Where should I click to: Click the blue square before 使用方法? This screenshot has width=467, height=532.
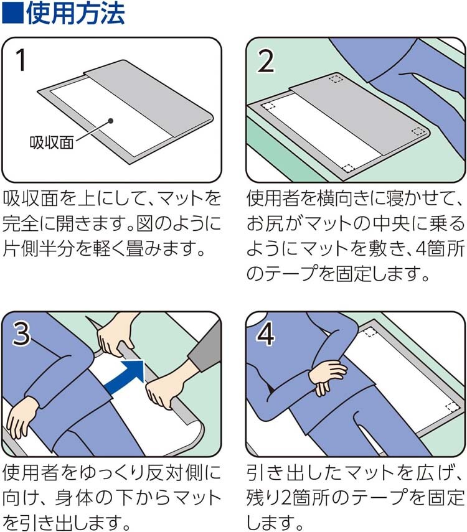(12, 13)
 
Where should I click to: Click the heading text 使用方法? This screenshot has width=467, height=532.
(75, 13)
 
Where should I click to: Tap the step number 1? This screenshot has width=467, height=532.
(21, 60)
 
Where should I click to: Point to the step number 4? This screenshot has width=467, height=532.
(266, 334)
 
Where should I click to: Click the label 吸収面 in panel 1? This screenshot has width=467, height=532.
(52, 142)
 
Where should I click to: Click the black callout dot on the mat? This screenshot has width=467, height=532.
(110, 121)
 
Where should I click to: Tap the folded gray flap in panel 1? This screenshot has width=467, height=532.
(149, 98)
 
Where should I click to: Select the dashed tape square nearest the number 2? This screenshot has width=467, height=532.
(336, 79)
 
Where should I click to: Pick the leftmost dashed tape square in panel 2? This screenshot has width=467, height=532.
(268, 106)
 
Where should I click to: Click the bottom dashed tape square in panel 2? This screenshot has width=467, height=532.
(348, 168)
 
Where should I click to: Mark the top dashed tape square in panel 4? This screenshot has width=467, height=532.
(371, 332)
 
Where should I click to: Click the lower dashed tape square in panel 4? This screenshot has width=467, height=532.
(452, 407)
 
